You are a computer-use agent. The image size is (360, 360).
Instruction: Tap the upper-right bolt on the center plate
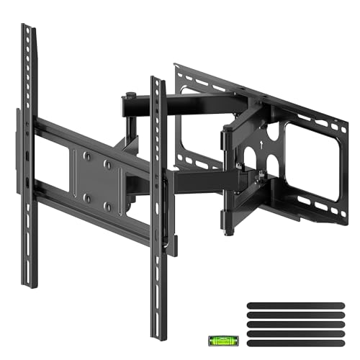[x=109, y=164]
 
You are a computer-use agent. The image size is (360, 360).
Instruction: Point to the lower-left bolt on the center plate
[x=85, y=196]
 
